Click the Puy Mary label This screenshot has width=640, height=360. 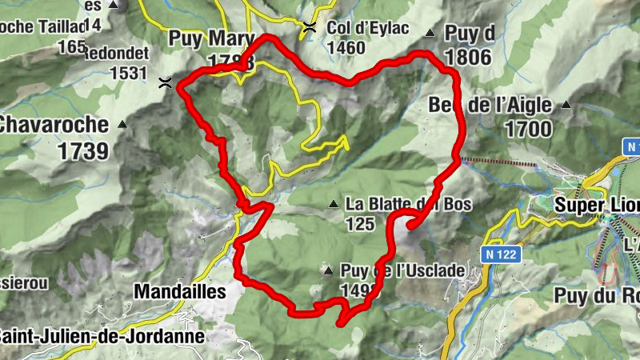coord(211,38)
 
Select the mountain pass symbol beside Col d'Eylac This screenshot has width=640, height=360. coord(310,29)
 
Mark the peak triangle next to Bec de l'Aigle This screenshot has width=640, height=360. coord(566,105)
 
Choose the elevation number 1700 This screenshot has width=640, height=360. coord(528,128)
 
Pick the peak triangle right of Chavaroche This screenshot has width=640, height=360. coord(122,125)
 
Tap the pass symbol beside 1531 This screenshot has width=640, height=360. coord(165,82)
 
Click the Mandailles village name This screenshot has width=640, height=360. coord(180,292)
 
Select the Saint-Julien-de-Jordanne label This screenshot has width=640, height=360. coord(101,336)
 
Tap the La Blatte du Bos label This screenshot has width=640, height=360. coord(408,204)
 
